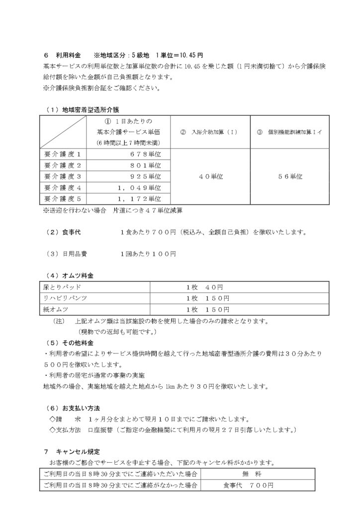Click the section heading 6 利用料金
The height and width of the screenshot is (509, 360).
(x=61, y=56)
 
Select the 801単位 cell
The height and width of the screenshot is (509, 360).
(x=148, y=165)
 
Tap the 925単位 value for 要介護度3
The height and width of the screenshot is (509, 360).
(x=148, y=176)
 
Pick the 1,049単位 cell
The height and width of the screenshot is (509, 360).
(x=142, y=187)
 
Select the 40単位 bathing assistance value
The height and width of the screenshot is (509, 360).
(x=210, y=176)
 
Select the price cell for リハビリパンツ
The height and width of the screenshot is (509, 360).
(x=208, y=298)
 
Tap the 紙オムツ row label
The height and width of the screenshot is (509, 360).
(x=56, y=309)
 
